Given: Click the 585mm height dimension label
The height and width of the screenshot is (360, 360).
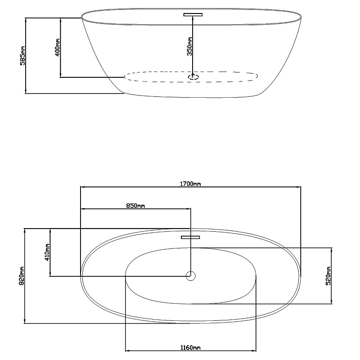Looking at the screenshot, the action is coord(22,56).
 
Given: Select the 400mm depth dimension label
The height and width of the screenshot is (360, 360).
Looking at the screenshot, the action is coord(58,47).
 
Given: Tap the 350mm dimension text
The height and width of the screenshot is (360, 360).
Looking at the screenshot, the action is coord(189,46).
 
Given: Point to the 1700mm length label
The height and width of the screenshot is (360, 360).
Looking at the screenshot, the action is coord(190,184).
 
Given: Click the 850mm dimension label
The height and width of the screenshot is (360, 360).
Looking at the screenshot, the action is coord(135,206).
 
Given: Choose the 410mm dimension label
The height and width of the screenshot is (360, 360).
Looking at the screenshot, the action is coord(47,252).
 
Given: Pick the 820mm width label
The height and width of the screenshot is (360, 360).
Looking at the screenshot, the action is coord(22,276).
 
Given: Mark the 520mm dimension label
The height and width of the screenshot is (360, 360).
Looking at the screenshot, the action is coord(328,276).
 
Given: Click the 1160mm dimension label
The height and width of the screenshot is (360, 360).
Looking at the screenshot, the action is coord(190,347).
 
